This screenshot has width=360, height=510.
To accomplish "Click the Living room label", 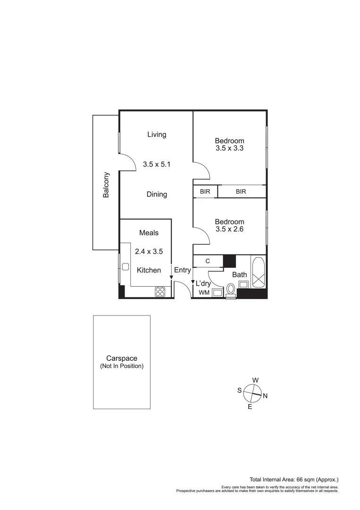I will point(157,135).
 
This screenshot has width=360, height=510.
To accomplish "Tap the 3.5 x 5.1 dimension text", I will point(156,165).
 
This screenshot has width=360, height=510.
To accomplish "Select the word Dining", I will point(157,194).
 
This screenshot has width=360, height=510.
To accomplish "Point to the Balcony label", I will point(106,184).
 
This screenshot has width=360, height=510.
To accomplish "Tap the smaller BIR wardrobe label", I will point(205,192).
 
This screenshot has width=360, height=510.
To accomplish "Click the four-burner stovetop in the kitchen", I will point(160,292).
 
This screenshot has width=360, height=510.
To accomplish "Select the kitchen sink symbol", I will point(125,267).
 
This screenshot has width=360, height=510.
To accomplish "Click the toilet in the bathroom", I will point(231,289).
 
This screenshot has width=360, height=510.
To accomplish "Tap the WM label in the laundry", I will point(204,293).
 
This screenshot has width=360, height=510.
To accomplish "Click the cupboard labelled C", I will point(208,261).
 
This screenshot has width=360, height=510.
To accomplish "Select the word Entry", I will point(183,271).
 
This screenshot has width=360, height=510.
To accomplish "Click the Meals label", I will point(149,233).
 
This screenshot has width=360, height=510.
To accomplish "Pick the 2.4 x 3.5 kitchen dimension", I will point(149,252).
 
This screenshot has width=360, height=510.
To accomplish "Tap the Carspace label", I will point(122,358).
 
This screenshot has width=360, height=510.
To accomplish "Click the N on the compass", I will point(265,396).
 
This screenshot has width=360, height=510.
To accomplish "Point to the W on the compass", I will point(255,380).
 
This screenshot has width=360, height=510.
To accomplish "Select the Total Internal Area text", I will point(294,479).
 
